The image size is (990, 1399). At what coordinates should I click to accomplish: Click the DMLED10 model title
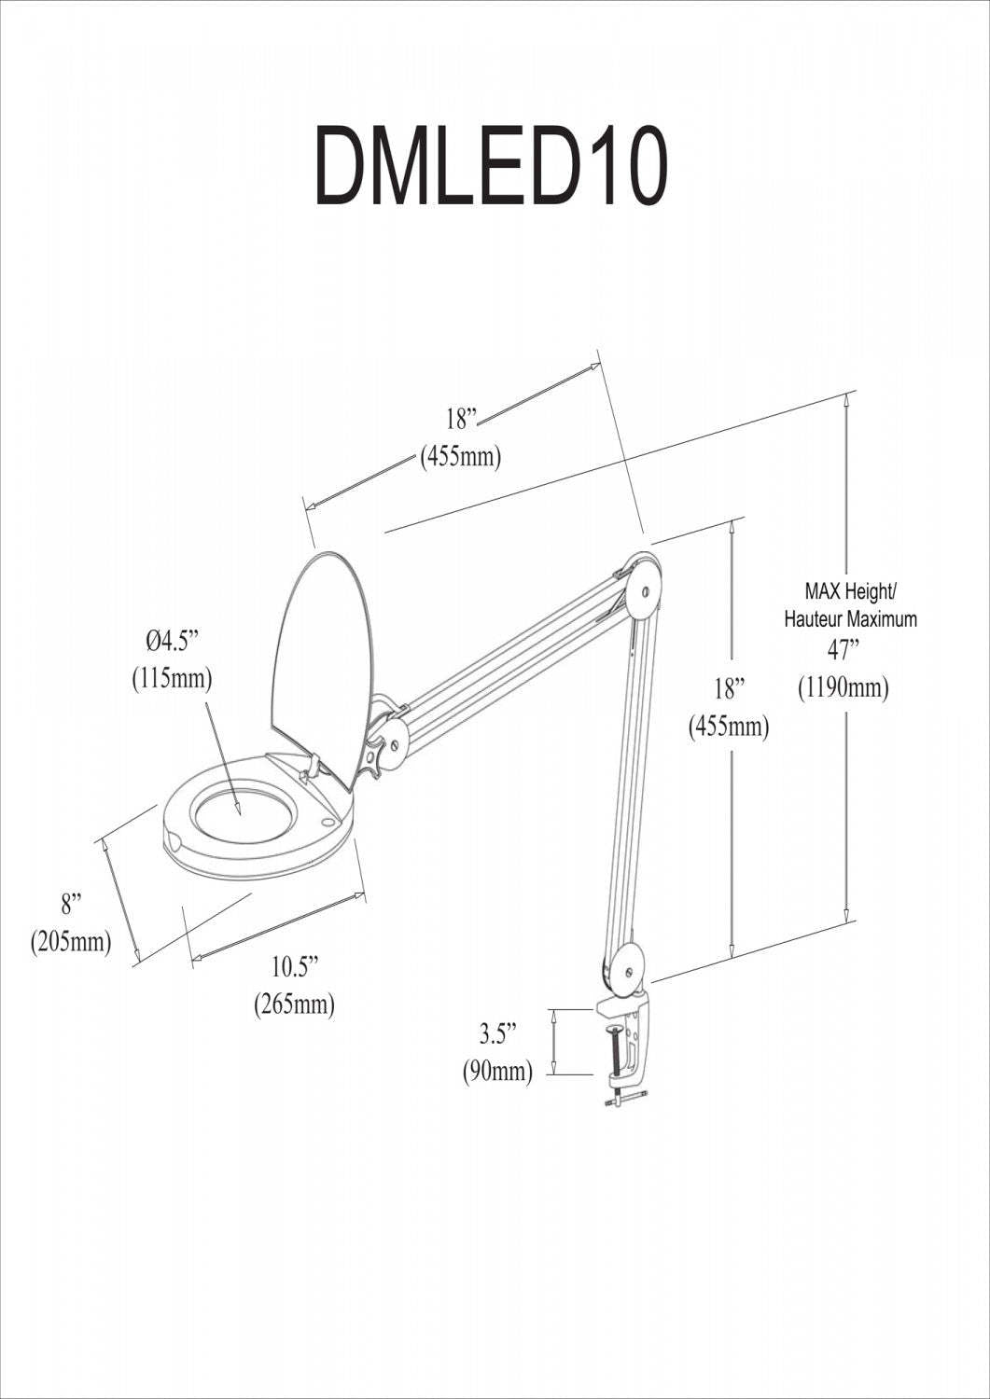coord(492,168)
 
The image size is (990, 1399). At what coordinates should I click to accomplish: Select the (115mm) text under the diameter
coord(172,678)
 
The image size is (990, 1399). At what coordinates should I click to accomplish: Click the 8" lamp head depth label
coord(72,904)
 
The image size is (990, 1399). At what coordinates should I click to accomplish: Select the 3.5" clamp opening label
coord(498,1034)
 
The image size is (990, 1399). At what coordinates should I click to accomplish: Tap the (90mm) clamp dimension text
coord(498,1072)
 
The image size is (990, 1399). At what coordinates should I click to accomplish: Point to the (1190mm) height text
coord(844,688)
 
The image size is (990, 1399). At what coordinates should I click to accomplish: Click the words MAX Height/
coord(850,591)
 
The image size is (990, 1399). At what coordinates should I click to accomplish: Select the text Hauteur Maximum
coord(850,618)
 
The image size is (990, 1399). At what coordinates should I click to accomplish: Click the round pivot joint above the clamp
coord(626,972)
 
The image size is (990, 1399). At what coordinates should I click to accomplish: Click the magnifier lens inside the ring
coord(241,808)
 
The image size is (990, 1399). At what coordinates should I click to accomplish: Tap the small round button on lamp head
coord(328,822)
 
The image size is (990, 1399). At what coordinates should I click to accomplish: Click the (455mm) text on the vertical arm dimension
coord(729,727)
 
